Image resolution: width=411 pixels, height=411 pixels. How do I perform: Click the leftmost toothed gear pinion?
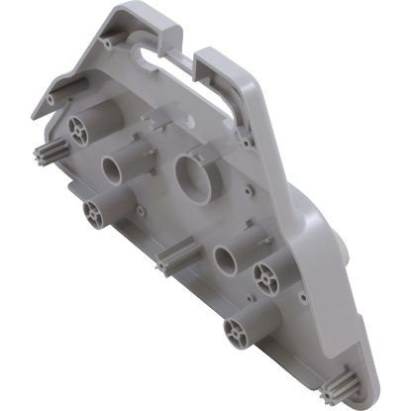[51, 156]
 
